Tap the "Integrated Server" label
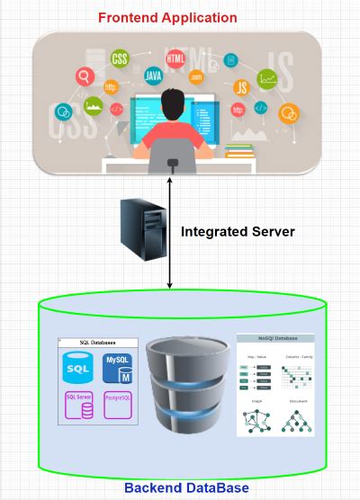(238, 231)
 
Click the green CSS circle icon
(118, 59)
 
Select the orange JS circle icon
(240, 87)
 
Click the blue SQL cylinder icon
(79, 369)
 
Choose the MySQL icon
(119, 369)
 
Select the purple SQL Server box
(79, 405)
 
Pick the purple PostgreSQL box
(119, 405)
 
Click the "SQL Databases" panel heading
(98, 343)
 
